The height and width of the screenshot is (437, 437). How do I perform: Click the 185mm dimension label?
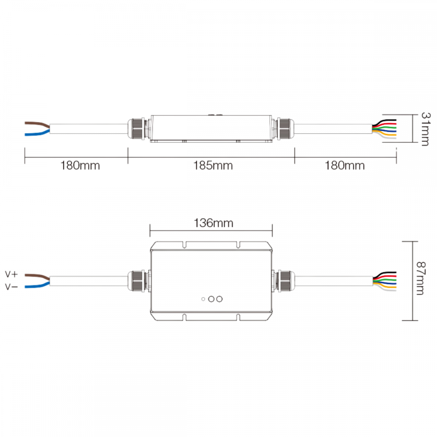click(213, 166)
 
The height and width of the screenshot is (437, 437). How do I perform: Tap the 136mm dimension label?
click(214, 223)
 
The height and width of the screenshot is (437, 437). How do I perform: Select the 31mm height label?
click(426, 129)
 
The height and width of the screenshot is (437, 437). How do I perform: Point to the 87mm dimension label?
click(420, 278)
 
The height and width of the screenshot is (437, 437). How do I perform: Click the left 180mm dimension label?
click(80, 166)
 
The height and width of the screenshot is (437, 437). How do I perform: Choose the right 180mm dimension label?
click(345, 166)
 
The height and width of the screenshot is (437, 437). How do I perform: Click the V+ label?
click(11, 274)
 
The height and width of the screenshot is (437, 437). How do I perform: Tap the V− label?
click(11, 287)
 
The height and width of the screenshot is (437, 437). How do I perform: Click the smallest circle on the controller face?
click(203, 299)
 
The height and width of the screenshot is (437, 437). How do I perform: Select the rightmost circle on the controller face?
click(219, 299)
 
